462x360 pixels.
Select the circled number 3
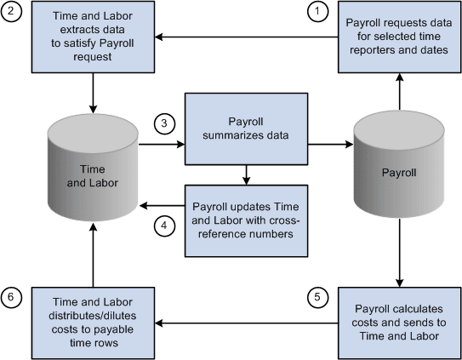(x=164, y=123)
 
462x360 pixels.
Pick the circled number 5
(x=317, y=297)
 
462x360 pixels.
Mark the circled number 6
(x=12, y=297)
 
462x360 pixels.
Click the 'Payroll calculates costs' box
(x=398, y=323)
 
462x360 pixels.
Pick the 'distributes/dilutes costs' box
(x=92, y=323)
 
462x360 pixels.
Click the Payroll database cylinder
(x=398, y=170)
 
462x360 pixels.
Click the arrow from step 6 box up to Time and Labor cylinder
(x=92, y=260)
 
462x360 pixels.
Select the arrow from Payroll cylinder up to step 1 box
(x=398, y=89)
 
